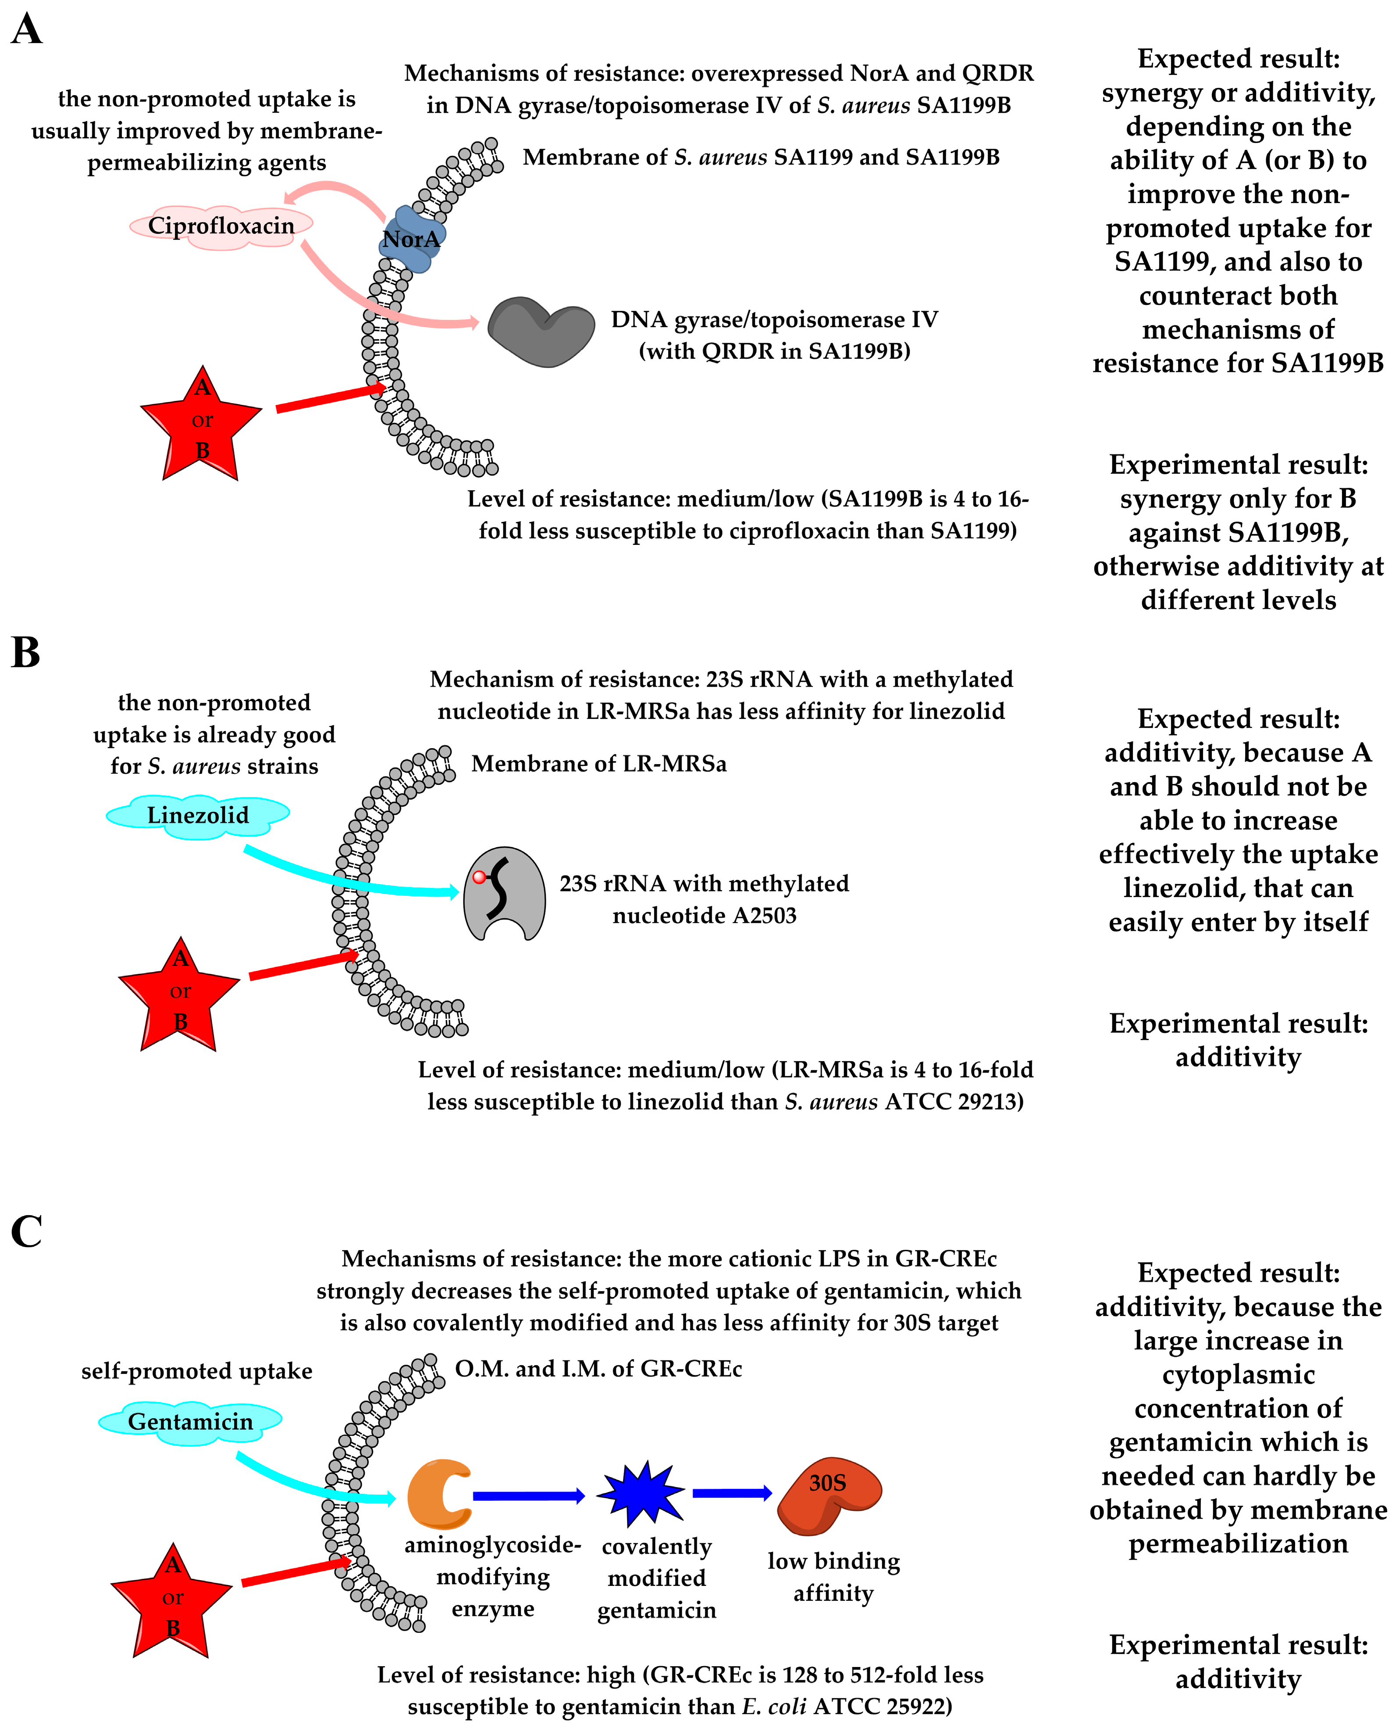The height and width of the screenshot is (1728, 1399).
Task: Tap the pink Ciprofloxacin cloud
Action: tap(221, 226)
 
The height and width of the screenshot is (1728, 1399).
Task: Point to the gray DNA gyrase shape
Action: tap(541, 331)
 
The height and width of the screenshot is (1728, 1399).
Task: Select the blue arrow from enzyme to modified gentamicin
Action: tap(528, 1496)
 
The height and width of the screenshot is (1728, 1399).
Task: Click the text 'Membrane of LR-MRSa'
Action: tap(599, 764)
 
